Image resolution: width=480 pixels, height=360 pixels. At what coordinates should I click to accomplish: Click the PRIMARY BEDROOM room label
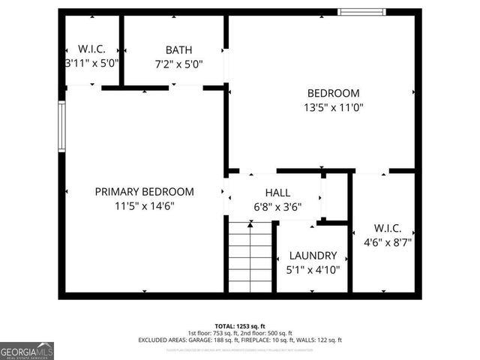pyautogui.click(x=144, y=191)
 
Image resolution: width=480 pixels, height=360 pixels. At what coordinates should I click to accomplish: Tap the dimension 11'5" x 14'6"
pyautogui.click(x=144, y=205)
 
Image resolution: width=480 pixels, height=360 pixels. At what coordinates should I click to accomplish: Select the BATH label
pyautogui.click(x=174, y=49)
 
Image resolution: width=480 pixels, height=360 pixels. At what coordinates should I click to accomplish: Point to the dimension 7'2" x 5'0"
pyautogui.click(x=174, y=64)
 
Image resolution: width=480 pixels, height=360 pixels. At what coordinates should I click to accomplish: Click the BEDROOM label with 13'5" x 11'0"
pyautogui.click(x=333, y=93)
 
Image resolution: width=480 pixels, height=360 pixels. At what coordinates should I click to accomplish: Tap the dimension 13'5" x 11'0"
pyautogui.click(x=333, y=107)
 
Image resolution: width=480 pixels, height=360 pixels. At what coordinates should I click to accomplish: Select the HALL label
pyautogui.click(x=277, y=193)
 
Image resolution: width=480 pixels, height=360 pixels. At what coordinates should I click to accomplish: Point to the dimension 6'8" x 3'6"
pyautogui.click(x=277, y=208)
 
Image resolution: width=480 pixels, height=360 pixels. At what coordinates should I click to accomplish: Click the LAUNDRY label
pyautogui.click(x=313, y=255)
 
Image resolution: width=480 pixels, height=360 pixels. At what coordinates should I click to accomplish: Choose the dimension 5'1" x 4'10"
pyautogui.click(x=313, y=269)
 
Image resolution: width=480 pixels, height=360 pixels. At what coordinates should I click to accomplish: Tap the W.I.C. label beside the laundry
pyautogui.click(x=387, y=228)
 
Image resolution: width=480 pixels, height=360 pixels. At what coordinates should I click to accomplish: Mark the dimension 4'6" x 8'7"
pyautogui.click(x=387, y=242)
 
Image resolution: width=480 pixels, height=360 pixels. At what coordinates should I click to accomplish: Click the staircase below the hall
pyautogui.click(x=250, y=256)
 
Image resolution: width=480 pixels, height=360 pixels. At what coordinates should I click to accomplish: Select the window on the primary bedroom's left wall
pyautogui.click(x=62, y=127)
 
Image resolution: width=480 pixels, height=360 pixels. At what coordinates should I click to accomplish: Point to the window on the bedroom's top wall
pyautogui.click(x=361, y=12)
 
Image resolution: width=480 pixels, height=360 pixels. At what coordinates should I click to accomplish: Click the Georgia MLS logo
pyautogui.click(x=27, y=350)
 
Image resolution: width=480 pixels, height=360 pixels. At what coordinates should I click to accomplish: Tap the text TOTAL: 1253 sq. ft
pyautogui.click(x=240, y=325)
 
